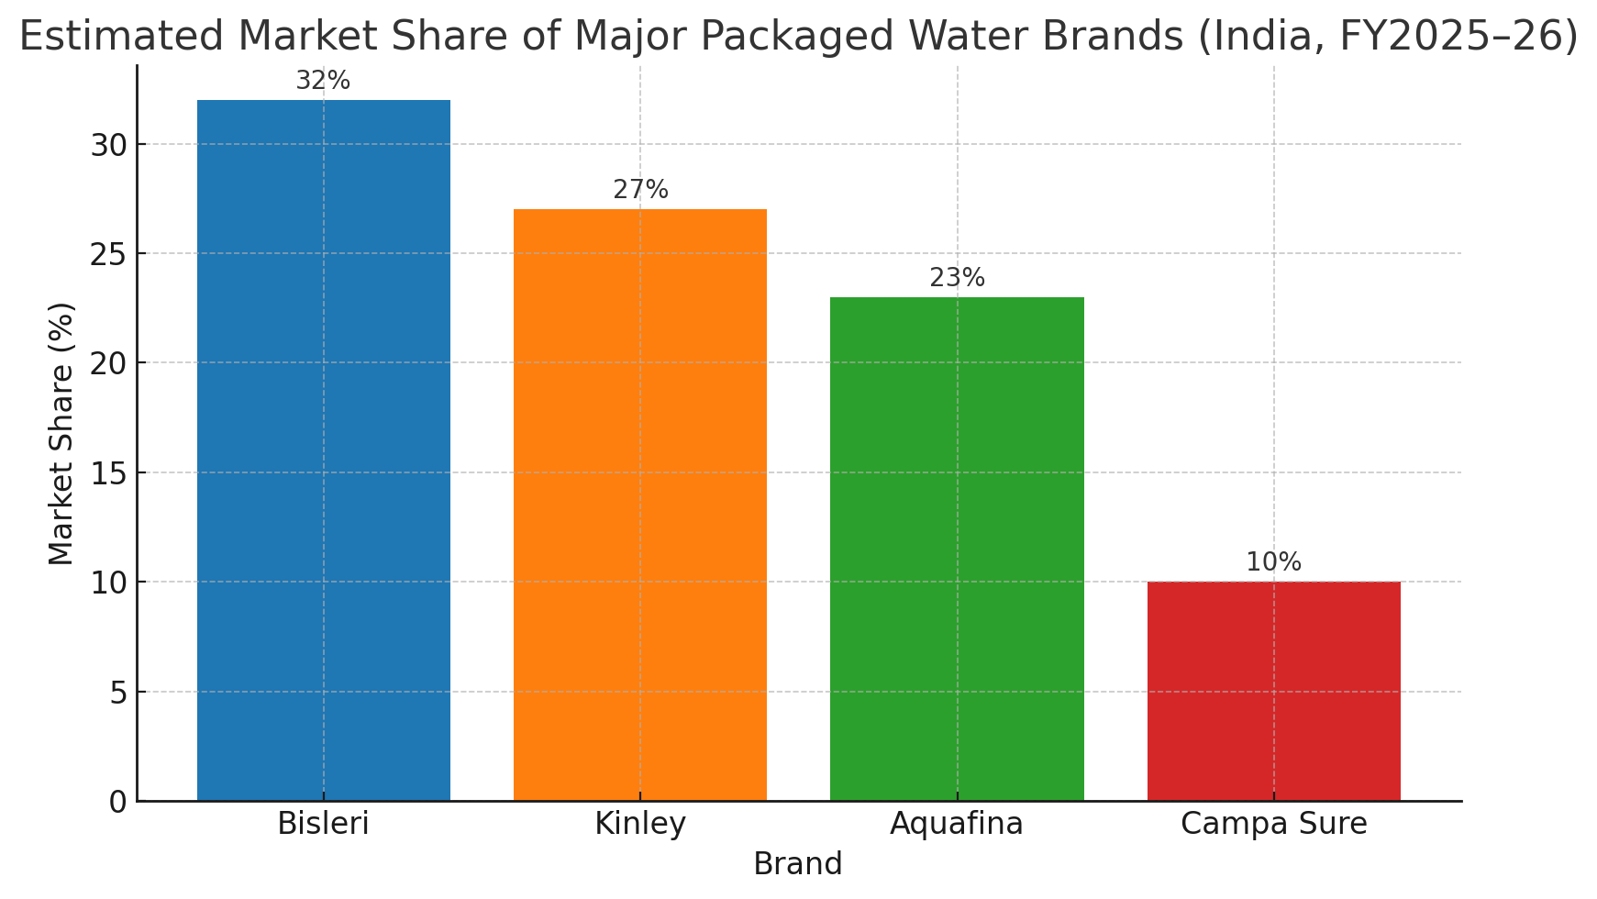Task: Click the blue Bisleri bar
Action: pos(323,449)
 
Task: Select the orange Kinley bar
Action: pos(639,505)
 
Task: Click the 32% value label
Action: pos(323,81)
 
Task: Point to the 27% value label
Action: pos(640,190)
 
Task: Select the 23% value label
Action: pos(957,278)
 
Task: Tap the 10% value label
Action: pos(1273,562)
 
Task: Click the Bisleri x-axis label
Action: pos(323,824)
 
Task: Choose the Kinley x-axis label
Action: pos(639,824)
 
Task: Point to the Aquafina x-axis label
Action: pos(957,824)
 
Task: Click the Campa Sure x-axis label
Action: pos(1273,824)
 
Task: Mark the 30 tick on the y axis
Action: pos(108,145)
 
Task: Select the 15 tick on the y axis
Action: pos(108,473)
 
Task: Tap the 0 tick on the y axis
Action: pos(118,802)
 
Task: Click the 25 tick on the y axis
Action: pos(108,254)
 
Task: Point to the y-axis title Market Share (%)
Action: pos(61,433)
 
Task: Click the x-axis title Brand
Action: pos(797,864)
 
